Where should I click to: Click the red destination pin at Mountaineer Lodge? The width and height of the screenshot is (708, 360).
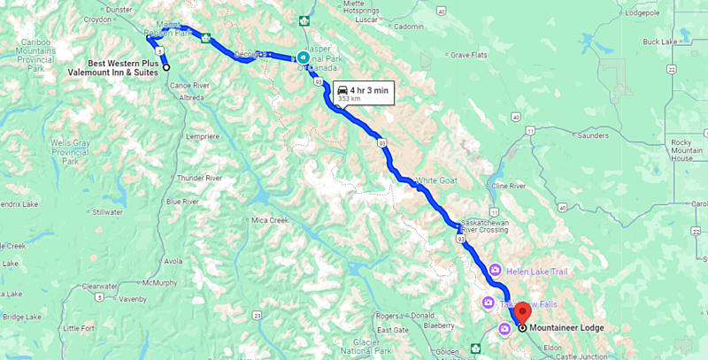(x=524, y=312)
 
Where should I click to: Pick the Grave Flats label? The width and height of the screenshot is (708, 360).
(x=469, y=55)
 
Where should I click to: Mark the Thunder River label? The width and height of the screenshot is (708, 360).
(x=198, y=177)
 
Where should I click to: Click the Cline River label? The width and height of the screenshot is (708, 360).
(x=509, y=187)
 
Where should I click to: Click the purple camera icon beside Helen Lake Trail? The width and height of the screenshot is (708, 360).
(x=496, y=270)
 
